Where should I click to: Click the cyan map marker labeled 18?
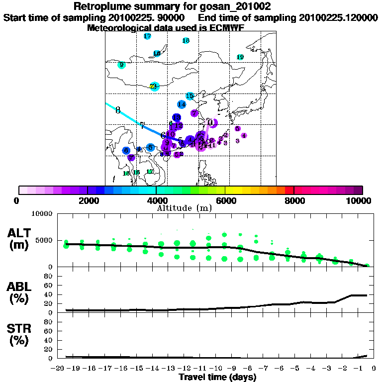coord(186,41)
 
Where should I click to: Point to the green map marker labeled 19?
coord(240,57)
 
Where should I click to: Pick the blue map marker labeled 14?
coord(182,104)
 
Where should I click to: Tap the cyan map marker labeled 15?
coord(190,95)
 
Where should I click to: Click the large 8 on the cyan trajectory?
coord(118,110)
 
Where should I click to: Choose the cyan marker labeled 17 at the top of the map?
coord(147,36)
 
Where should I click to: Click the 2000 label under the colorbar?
coord(87,201)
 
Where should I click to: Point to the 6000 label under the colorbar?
coord(225,201)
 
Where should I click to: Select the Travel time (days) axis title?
coord(217,377)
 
